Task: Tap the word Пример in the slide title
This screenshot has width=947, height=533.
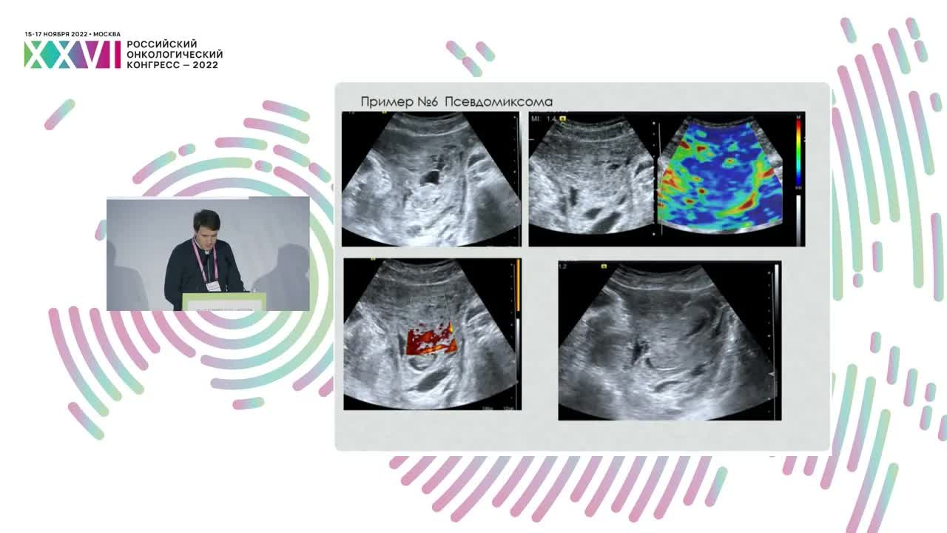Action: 387,101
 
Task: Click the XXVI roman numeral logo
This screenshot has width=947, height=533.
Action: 72,55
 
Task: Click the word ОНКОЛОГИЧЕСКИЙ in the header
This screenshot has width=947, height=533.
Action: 175,55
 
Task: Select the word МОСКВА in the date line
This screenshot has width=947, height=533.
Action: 107,34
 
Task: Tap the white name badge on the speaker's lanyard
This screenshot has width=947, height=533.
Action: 213,285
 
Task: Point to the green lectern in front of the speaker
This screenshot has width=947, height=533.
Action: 223,301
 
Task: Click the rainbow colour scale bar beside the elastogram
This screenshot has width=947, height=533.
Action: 798,151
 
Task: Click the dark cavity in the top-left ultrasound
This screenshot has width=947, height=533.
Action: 429,178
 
